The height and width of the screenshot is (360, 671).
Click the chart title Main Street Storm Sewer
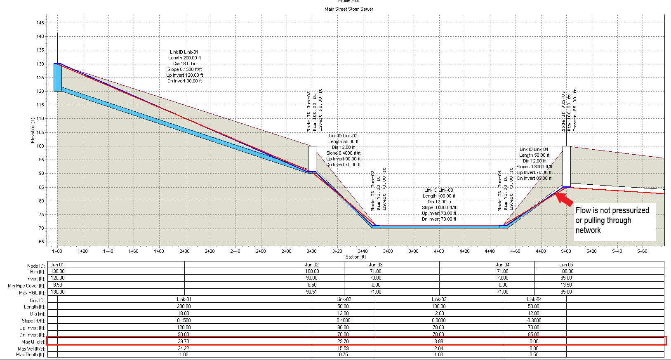[348, 9]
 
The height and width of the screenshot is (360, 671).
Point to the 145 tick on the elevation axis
[40, 23]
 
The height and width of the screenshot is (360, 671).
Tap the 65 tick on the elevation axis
[41, 242]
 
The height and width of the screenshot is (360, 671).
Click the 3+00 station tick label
[312, 251]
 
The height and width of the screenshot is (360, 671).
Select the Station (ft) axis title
[356, 257]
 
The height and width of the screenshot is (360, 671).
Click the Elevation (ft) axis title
[33, 130]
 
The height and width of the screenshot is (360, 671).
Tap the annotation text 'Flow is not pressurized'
[612, 210]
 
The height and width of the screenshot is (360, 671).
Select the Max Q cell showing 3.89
[438, 341]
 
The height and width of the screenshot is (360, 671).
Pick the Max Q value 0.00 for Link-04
[534, 341]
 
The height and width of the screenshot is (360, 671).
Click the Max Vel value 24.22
[184, 348]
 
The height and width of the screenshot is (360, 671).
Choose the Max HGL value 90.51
[312, 292]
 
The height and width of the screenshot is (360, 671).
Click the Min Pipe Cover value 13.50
[566, 285]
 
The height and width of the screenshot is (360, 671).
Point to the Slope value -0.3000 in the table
[534, 320]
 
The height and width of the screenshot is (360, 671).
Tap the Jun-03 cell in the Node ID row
[375, 265]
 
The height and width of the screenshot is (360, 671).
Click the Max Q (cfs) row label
[33, 342]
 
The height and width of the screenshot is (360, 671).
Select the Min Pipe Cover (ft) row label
[26, 286]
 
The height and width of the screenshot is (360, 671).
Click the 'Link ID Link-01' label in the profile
[184, 52]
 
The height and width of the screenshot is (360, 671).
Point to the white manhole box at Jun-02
[312, 158]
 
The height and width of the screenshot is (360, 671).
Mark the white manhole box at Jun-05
[567, 166]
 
